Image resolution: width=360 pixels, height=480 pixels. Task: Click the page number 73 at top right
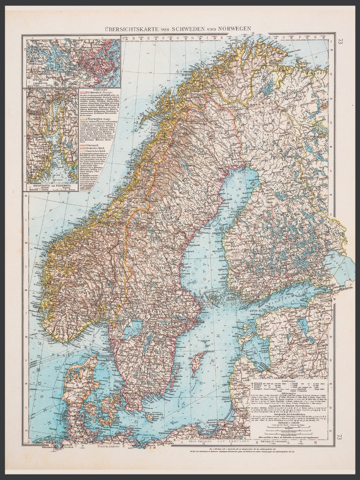340,41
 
